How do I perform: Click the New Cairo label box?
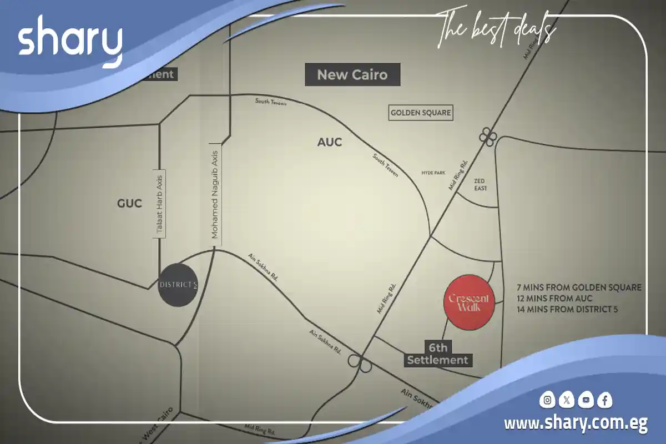352,74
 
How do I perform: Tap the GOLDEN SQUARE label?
421,113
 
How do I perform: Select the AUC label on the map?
330,142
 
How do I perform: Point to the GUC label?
129,204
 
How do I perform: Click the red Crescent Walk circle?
469,302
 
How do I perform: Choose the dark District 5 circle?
178,285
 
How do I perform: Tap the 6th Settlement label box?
438,354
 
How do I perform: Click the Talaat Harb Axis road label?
159,204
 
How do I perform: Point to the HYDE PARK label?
433,173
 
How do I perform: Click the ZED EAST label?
481,185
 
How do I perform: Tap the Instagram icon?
548,400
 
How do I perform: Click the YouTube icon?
585,400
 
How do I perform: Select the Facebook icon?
604,400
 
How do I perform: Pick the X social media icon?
566,400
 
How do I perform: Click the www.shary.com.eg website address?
576,424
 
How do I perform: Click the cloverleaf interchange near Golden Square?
487,137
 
